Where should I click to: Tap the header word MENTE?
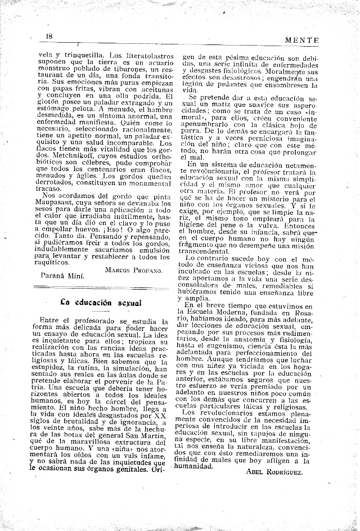302,40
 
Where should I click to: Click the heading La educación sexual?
101,302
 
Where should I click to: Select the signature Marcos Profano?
133,270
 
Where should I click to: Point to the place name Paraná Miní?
62,276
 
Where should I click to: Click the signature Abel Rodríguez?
274,472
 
